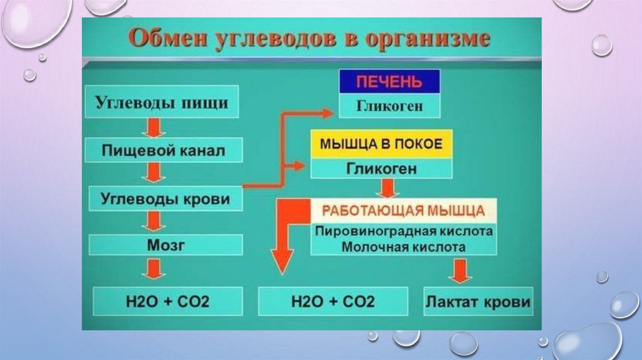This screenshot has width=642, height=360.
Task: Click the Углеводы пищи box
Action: pyautogui.click(x=161, y=102)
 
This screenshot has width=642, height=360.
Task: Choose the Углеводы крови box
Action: pyautogui.click(x=165, y=199)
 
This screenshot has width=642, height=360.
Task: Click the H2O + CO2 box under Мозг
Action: pyautogui.click(x=165, y=302)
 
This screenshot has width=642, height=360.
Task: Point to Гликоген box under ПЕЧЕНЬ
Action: pyautogui.click(x=389, y=106)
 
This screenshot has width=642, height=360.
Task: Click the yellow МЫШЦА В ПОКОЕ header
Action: pyautogui.click(x=381, y=144)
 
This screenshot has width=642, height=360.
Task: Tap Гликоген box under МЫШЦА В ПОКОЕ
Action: pyautogui.click(x=381, y=168)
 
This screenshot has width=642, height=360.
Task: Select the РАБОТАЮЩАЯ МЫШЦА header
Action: pyautogui.click(x=403, y=209)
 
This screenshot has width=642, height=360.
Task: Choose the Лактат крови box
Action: pyautogui.click(x=478, y=302)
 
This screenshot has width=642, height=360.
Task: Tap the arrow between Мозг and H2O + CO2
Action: pyautogui.click(x=152, y=270)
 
